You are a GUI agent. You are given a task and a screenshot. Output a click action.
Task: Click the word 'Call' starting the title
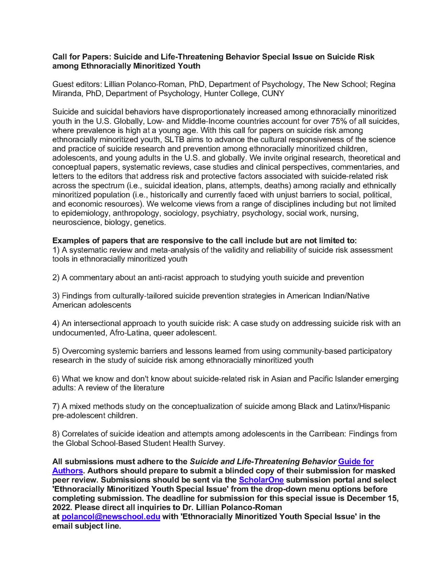tap(60, 57)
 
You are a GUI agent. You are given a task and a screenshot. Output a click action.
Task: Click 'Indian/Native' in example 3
tap(346, 296)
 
